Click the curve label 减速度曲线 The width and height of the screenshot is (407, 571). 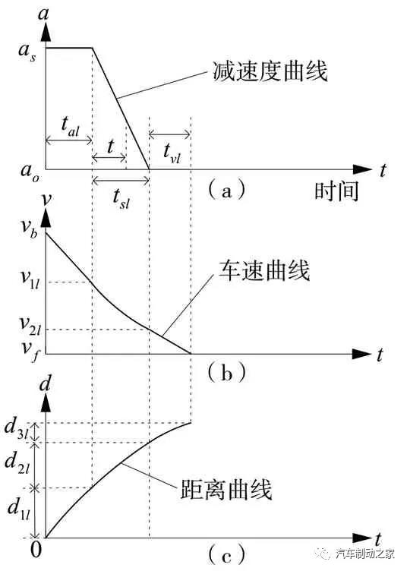(x=270, y=71)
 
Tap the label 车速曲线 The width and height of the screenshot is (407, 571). (x=265, y=270)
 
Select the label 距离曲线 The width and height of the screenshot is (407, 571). (x=226, y=489)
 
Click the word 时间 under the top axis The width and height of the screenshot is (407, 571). (x=336, y=191)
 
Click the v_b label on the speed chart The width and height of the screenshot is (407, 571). (x=29, y=228)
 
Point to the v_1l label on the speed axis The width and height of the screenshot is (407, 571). (x=30, y=279)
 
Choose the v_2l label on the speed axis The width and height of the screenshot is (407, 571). (x=30, y=325)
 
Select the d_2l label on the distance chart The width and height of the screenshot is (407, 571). (x=17, y=463)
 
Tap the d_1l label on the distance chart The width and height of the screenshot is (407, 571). (x=19, y=509)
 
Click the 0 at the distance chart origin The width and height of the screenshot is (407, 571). (x=36, y=549)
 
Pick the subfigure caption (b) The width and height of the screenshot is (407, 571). (x=226, y=374)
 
